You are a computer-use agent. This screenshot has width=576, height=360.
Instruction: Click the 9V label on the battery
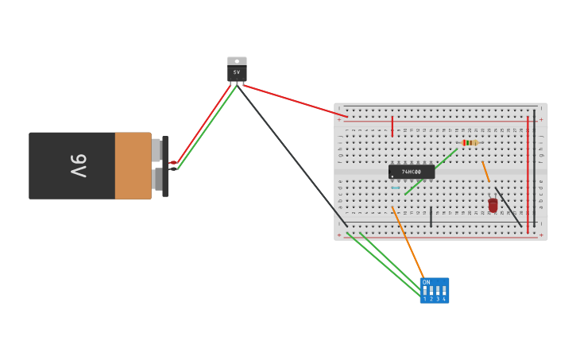pyautogui.click(x=78, y=165)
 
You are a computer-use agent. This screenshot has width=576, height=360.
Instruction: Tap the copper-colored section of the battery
pyautogui.click(x=133, y=165)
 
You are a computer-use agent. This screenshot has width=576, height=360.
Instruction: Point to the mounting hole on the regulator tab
pyautogui.click(x=237, y=61)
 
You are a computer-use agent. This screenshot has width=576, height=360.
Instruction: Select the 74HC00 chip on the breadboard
pyautogui.click(x=412, y=172)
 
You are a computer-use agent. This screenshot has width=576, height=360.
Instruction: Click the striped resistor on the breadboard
pyautogui.click(x=470, y=143)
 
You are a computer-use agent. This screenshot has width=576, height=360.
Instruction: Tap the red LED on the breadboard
pyautogui.click(x=493, y=205)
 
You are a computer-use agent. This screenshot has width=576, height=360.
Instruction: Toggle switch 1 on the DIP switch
pyautogui.click(x=425, y=291)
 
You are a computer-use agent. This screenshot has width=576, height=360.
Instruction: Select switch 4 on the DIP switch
pyautogui.click(x=444, y=291)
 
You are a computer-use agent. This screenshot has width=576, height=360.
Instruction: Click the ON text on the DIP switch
pyautogui.click(x=426, y=282)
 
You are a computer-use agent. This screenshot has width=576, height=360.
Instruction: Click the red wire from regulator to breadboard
pyautogui.click(x=294, y=100)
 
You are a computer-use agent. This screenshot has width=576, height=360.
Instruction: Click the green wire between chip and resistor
pyautogui.click(x=431, y=171)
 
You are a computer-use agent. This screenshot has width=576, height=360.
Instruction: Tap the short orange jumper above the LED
pyautogui.click(x=485, y=172)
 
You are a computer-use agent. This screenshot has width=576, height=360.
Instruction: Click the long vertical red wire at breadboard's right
pyautogui.click(x=528, y=175)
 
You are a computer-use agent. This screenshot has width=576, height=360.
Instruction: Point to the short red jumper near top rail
pyautogui.click(x=392, y=126)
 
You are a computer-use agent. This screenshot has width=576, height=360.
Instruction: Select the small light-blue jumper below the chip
pyautogui.click(x=395, y=188)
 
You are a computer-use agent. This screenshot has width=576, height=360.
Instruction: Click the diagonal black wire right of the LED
pyautogui.click(x=508, y=207)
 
